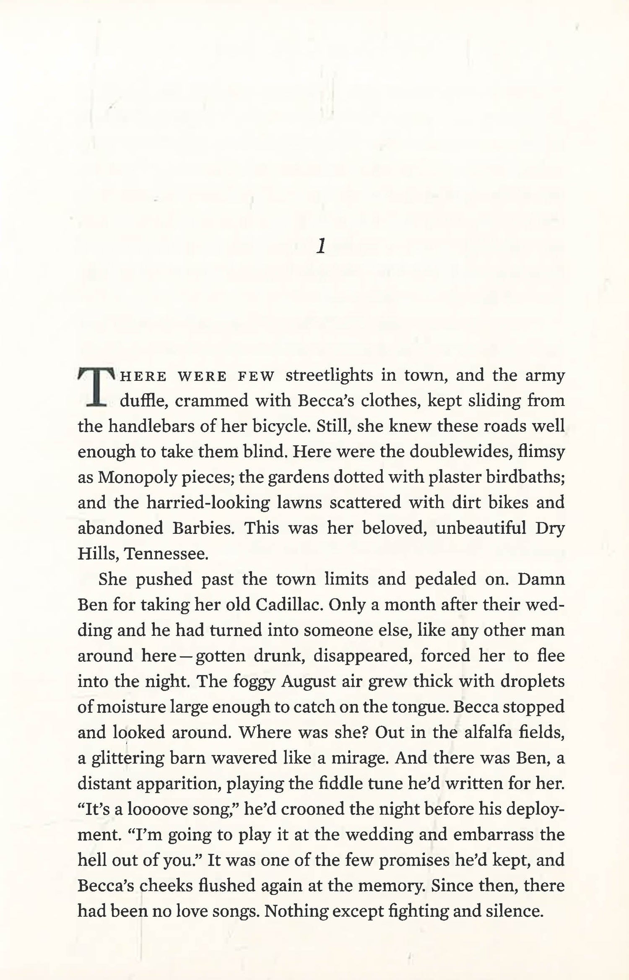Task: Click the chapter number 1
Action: tap(320, 247)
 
